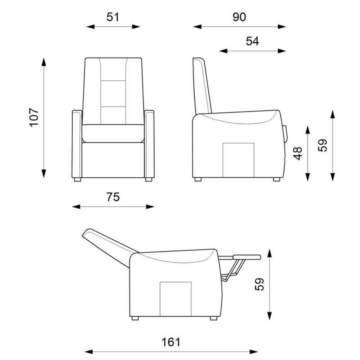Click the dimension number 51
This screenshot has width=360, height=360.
pos(113,17)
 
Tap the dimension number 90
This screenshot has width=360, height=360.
pos(239,17)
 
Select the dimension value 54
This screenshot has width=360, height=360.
pos(252,41)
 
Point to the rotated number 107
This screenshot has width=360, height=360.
pos(34,118)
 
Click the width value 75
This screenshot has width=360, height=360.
pos(113,197)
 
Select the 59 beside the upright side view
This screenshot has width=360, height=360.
pos(322,145)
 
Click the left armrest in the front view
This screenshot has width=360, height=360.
pos(77,144)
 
